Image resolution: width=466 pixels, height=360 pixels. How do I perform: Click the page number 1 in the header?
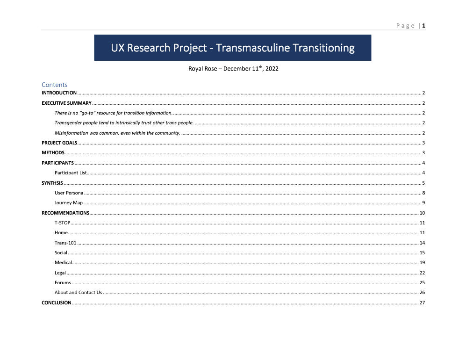point(423,26)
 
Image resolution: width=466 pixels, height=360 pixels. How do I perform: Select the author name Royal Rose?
point(202,69)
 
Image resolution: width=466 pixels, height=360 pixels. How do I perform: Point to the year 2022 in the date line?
point(272,69)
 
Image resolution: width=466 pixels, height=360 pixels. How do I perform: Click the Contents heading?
point(54,85)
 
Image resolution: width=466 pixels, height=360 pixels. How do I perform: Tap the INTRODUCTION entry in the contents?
point(59,93)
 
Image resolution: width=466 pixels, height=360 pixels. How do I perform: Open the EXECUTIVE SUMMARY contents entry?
point(66,103)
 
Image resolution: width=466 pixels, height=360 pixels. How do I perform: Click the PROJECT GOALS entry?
point(59,143)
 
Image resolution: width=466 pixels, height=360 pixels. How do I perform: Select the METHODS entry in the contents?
point(53,153)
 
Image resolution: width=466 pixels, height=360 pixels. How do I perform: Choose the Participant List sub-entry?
point(71,173)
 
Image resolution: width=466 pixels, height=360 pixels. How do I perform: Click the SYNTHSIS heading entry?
point(52,183)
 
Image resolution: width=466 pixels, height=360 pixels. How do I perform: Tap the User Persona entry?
point(69,193)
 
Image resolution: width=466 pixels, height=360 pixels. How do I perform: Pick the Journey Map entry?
point(68,203)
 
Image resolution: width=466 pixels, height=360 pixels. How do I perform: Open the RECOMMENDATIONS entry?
point(65,213)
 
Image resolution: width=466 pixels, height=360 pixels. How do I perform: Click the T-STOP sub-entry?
point(62,223)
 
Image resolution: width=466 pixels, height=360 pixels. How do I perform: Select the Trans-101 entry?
point(65,243)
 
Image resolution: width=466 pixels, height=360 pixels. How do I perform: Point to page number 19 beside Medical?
point(422,263)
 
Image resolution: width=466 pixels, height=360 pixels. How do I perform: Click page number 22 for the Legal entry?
point(422,273)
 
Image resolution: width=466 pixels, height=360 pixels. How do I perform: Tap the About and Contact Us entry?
point(78,293)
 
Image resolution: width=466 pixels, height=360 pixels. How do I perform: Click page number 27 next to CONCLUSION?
point(422,302)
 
